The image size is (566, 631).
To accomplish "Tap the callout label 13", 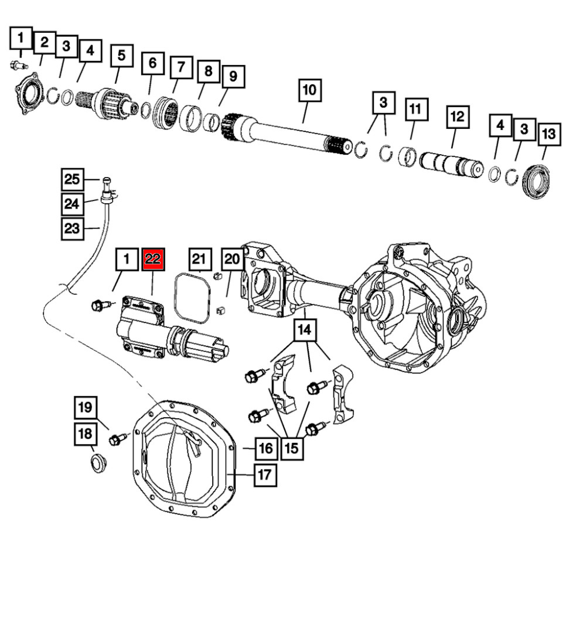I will [548, 134].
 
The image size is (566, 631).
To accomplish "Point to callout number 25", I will [71, 179].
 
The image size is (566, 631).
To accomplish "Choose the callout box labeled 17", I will [265, 474].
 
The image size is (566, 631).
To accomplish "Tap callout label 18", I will [85, 434].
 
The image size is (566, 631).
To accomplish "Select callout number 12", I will [457, 116].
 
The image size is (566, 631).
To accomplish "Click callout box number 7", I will [181, 67].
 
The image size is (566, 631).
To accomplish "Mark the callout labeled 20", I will [233, 258].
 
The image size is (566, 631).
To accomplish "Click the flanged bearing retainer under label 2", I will [30, 93].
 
